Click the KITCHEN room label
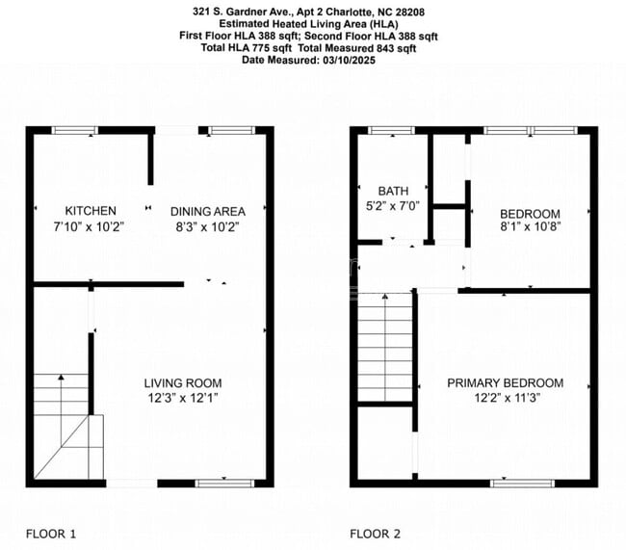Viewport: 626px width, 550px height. (x=91, y=211)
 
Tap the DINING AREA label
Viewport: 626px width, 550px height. (x=208, y=211)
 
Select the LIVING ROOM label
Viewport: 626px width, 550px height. (x=183, y=383)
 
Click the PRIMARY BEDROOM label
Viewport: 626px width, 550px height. (x=505, y=383)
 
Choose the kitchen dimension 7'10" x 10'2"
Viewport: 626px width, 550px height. (x=91, y=227)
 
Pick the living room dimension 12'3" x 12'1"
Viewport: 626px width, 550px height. (x=183, y=399)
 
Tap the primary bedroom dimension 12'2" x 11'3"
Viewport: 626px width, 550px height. (x=505, y=399)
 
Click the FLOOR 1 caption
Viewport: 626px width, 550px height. (x=51, y=533)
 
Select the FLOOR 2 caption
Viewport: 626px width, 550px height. (x=375, y=533)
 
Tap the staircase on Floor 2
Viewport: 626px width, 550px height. (x=384, y=350)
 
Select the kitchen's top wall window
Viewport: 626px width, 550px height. (x=75, y=130)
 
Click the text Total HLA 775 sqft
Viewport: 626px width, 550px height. (x=249, y=47)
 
